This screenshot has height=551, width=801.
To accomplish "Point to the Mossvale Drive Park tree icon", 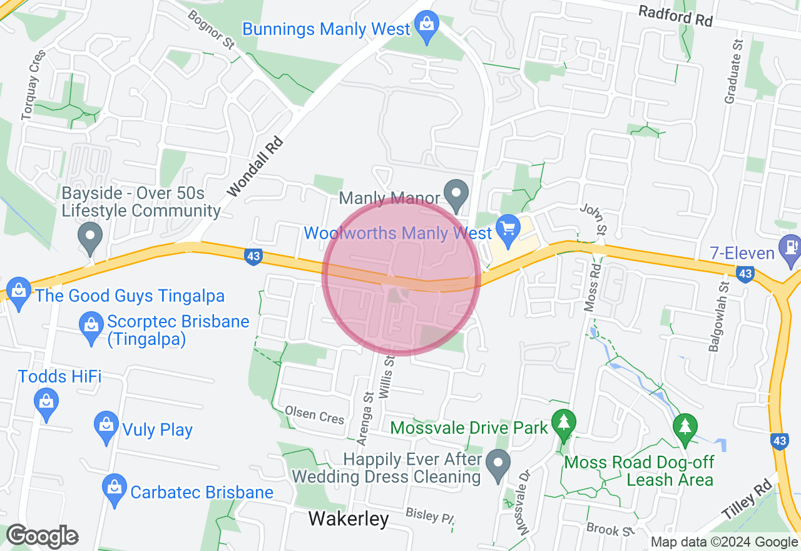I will point(564,423).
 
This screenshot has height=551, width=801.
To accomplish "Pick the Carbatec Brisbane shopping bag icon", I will point(115,489).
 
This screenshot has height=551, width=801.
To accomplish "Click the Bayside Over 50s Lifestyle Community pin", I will point(90,238).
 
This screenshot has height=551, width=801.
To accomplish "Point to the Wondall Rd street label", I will point(255,167).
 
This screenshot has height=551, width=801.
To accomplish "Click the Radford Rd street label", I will point(675,16).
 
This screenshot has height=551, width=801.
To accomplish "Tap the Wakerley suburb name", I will point(349,518).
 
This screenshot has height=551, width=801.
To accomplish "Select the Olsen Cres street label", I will point(315,414).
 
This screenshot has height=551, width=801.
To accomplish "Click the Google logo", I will point(42,537).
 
